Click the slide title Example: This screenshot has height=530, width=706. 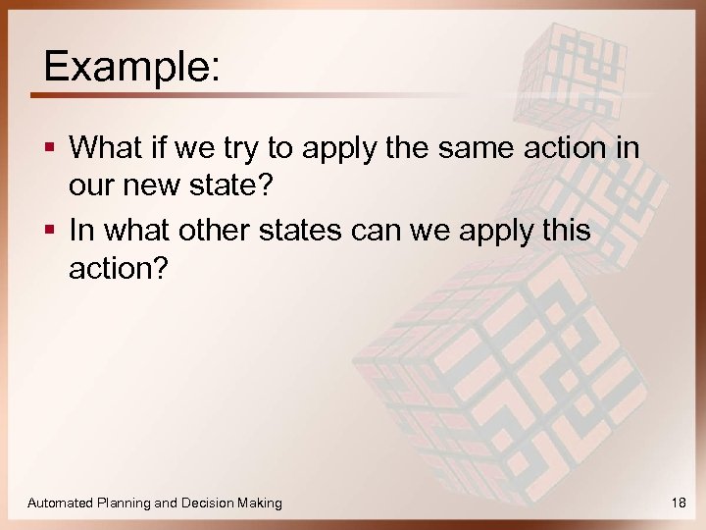[x=131, y=66]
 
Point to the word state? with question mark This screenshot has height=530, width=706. [x=224, y=184]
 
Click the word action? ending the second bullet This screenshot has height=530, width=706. [x=118, y=266]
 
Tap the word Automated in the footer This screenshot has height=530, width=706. [x=61, y=503]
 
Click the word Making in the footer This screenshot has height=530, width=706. [x=260, y=503]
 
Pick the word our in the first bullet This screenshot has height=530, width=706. [x=90, y=184]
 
